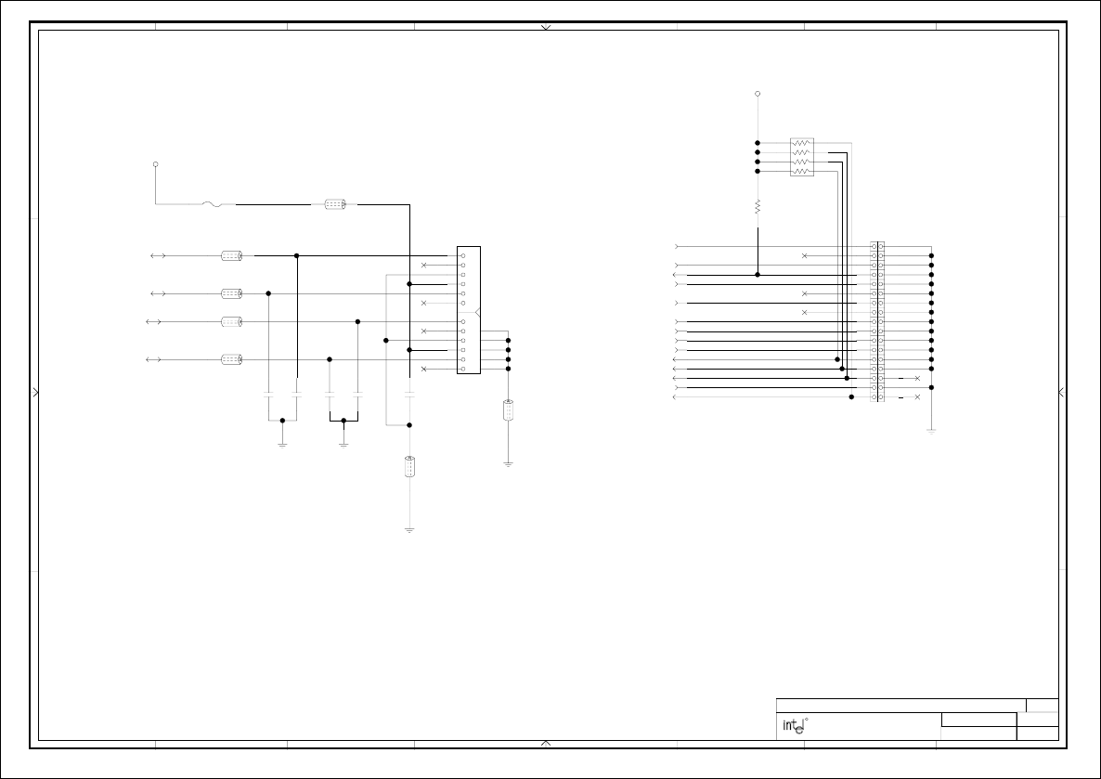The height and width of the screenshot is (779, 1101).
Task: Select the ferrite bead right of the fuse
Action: [x=335, y=204]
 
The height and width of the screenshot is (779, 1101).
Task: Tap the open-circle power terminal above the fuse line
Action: [x=155, y=164]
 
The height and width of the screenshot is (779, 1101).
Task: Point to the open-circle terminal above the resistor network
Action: [x=758, y=94]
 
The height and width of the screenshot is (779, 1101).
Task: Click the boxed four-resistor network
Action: [x=802, y=157]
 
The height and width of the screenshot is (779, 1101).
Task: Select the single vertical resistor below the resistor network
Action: [x=758, y=206]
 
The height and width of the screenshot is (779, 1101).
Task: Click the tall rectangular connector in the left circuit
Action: [x=469, y=310]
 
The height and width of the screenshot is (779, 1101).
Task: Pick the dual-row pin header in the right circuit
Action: [x=877, y=321]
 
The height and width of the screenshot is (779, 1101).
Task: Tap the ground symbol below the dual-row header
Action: [x=931, y=431]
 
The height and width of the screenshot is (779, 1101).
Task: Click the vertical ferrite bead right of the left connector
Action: [x=508, y=409]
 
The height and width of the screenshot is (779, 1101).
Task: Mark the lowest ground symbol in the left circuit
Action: [x=409, y=530]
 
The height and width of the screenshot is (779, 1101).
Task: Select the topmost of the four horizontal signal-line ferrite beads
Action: [x=231, y=255]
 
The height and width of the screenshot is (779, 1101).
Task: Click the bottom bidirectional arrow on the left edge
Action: [x=156, y=359]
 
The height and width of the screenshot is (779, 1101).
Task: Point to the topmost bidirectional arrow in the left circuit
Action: [x=159, y=255]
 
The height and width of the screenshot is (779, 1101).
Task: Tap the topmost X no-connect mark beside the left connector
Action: [x=424, y=266]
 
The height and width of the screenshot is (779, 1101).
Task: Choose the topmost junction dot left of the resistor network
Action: [x=758, y=143]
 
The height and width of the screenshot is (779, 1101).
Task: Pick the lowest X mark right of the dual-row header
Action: [x=917, y=397]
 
